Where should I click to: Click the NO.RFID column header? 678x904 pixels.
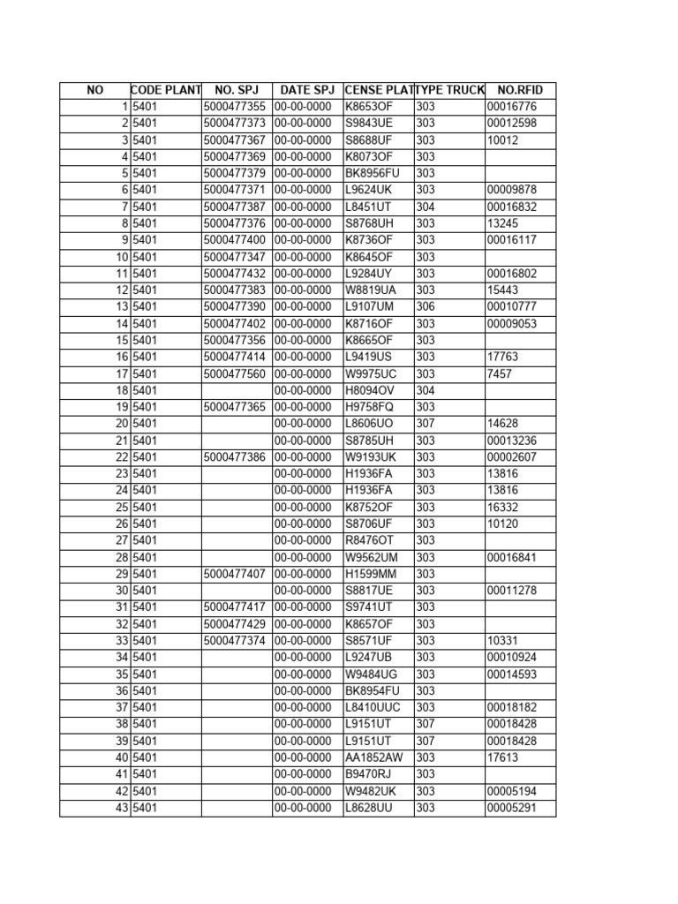[520, 90]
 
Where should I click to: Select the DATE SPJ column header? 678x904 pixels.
[307, 90]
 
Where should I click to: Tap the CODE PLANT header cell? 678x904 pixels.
[166, 90]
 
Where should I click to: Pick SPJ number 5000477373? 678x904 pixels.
[234, 124]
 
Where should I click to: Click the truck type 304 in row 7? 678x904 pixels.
[426, 207]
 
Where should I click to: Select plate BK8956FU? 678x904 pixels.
[373, 173]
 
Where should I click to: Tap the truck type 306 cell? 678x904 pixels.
[426, 306]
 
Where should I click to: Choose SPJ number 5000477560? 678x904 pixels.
[234, 373]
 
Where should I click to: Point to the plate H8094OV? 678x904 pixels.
[369, 390]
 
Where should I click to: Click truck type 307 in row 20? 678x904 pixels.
[426, 424]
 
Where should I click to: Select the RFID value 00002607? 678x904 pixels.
[511, 456]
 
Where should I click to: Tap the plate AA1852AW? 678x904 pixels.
[374, 757]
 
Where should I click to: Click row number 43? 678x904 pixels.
[122, 808]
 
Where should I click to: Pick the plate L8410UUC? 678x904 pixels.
[374, 707]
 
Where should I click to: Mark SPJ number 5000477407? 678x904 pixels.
[234, 574]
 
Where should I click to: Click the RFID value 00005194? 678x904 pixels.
[511, 791]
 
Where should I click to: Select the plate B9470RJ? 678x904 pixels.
[367, 774]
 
